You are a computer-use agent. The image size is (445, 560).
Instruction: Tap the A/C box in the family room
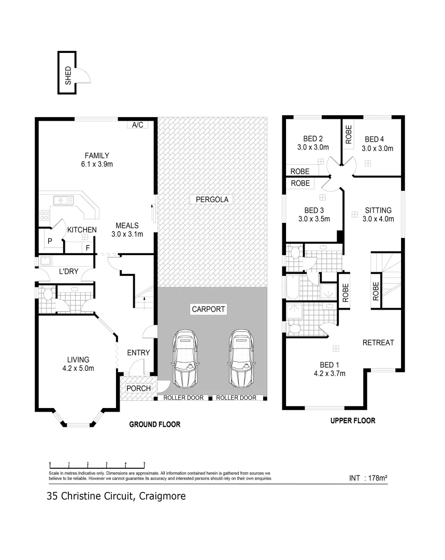tap(137, 125)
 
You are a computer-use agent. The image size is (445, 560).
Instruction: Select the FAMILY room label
tap(97, 155)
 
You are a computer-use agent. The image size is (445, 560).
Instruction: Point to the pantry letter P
tap(50, 242)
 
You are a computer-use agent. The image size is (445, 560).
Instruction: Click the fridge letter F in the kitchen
tap(88, 248)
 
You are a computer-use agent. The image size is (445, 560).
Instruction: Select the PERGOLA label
tap(212, 199)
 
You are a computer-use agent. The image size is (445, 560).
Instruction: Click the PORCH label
tap(138, 388)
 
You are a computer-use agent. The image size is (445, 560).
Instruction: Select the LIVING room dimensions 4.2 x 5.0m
tap(78, 368)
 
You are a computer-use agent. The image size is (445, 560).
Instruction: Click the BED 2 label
tap(313, 138)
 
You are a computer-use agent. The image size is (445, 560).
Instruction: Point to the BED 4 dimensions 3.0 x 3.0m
tap(377, 148)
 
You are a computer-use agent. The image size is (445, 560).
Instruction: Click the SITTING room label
tap(378, 210)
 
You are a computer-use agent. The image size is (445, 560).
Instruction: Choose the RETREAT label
tap(378, 342)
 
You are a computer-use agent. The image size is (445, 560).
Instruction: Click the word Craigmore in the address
tap(161, 496)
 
